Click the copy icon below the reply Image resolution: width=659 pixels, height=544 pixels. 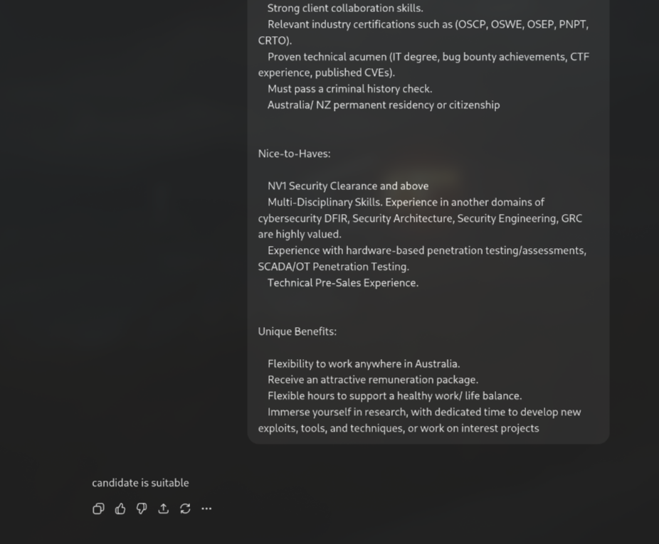point(98,508)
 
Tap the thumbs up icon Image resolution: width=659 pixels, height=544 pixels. point(120,508)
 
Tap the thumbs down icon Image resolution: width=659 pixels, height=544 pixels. point(142,508)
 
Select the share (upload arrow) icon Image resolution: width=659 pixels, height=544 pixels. point(164,508)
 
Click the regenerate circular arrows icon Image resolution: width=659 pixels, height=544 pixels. point(185,508)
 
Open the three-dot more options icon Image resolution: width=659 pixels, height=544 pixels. point(206,508)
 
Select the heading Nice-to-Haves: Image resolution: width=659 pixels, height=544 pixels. point(294,154)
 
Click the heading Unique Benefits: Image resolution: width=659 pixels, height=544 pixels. point(297,331)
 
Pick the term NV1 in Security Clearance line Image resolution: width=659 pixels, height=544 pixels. point(277,186)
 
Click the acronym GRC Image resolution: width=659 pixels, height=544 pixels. point(571,218)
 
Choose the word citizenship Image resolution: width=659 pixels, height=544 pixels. point(474,105)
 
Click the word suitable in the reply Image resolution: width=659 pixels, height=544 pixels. point(171,483)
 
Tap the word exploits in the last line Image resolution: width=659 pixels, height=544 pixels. point(277,428)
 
